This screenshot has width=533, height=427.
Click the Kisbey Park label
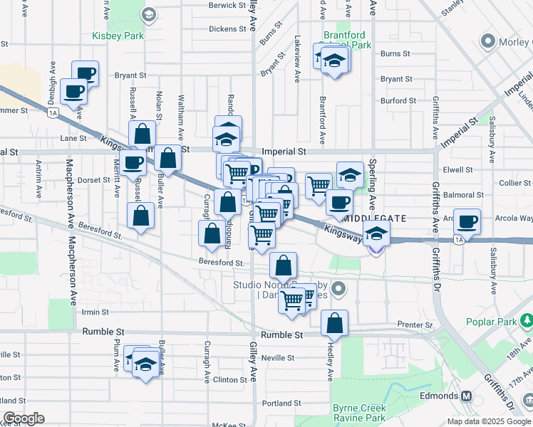point(118,36)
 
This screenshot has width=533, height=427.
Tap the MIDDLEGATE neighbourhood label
point(396,218)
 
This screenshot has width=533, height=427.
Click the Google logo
point(24,418)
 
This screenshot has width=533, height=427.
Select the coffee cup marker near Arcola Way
point(467,221)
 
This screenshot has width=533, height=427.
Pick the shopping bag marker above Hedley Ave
point(334,324)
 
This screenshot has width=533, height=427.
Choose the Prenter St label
point(412,325)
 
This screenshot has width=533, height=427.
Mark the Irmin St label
point(94,312)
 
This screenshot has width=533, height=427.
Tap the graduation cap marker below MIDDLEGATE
point(376,233)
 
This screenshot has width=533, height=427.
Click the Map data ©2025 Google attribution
point(487,421)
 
